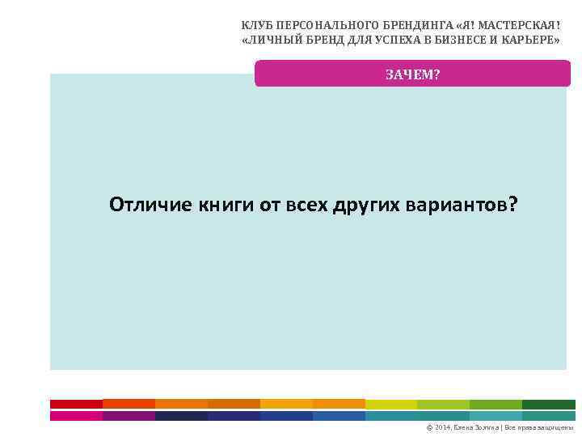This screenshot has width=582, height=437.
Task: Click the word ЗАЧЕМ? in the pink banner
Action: (x=412, y=74)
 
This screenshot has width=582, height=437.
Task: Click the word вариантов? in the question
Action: (x=460, y=205)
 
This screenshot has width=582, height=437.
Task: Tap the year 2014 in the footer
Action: (x=443, y=426)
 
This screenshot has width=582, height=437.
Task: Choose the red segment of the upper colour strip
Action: (x=76, y=403)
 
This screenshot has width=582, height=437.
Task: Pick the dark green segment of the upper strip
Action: (x=549, y=403)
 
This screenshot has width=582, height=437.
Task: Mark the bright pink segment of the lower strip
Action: (x=76, y=415)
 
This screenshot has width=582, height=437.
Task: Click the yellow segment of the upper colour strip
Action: (x=391, y=403)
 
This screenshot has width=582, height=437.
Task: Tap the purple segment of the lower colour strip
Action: (x=129, y=415)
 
